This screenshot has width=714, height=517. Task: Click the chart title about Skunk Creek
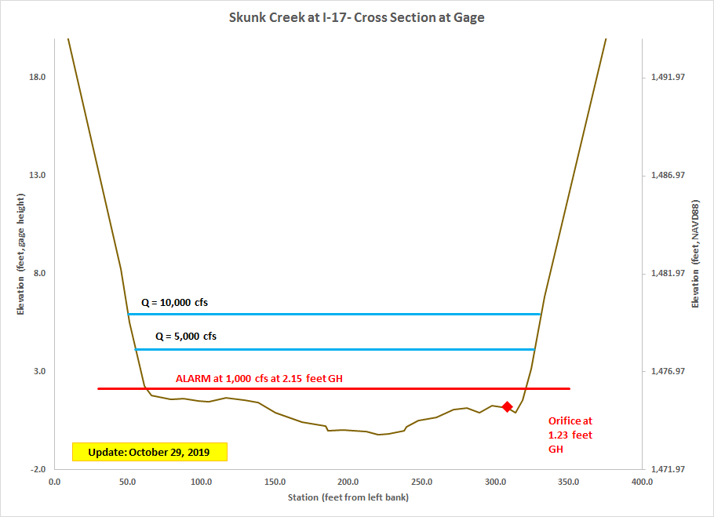click(x=356, y=17)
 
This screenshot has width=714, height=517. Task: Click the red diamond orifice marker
click(x=507, y=406)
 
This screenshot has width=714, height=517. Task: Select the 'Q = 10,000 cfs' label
click(x=174, y=302)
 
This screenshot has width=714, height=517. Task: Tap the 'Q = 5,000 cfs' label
click(x=185, y=337)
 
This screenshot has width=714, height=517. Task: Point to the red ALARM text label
click(x=259, y=379)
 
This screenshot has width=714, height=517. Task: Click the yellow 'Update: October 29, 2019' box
click(x=149, y=452)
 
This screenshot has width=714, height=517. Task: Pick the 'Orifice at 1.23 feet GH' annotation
click(x=570, y=435)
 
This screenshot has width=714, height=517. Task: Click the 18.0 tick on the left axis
click(x=37, y=77)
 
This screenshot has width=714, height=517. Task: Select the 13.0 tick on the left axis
click(x=37, y=175)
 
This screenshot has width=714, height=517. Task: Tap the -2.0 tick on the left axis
click(x=37, y=469)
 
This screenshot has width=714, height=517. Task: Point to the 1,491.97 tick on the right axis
click(x=668, y=77)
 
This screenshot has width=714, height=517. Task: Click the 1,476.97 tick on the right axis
click(x=668, y=371)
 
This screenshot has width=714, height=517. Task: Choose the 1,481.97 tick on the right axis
click(x=668, y=273)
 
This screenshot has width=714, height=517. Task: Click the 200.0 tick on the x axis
click(x=348, y=482)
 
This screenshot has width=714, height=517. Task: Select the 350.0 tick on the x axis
click(x=568, y=482)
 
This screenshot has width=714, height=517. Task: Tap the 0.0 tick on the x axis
click(x=54, y=482)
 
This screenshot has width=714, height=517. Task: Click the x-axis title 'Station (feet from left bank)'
click(x=348, y=497)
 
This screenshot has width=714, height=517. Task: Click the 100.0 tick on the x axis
click(x=201, y=482)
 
